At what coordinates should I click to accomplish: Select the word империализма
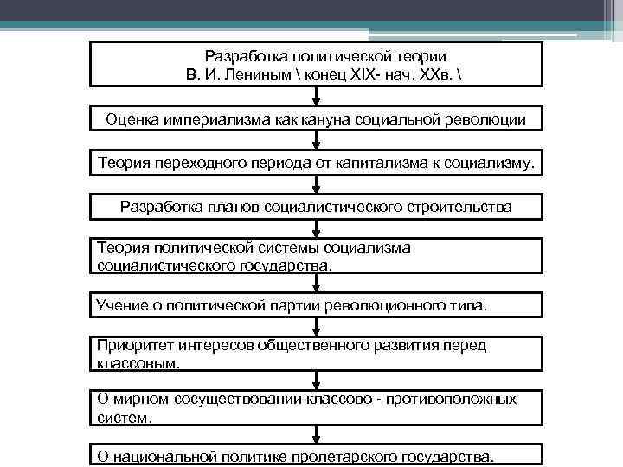coord(204,118)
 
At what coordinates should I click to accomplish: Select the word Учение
coord(122,305)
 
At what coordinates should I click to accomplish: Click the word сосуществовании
coord(234,400)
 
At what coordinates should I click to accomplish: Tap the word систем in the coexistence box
coord(122,417)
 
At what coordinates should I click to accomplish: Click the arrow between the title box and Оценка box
coord(317,97)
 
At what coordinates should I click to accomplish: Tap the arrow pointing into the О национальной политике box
coord(317,436)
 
